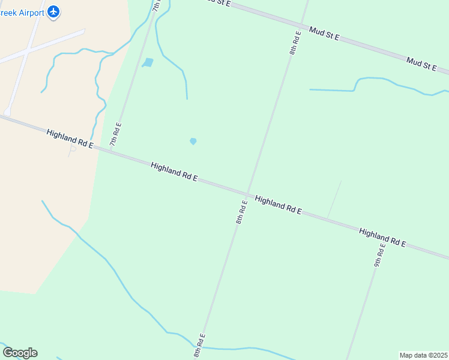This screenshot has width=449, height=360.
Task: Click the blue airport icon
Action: (54, 11)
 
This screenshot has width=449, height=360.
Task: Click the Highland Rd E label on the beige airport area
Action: (70, 138)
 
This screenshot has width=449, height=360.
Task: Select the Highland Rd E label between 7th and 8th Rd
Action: (174, 172)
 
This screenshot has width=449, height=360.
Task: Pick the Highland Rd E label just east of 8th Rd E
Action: (278, 205)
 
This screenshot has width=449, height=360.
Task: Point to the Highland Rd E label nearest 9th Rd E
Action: (382, 237)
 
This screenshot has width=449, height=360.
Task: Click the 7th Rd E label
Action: (115, 134)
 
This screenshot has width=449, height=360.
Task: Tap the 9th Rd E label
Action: (379, 255)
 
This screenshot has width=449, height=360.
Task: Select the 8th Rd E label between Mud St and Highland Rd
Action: (294, 42)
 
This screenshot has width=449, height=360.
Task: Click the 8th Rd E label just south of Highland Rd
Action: (241, 212)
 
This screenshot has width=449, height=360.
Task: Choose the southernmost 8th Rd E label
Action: (199, 345)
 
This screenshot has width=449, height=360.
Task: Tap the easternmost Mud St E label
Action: (421, 64)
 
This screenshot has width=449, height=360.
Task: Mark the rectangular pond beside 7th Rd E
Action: (148, 62)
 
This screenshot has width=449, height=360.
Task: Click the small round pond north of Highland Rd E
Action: (193, 141)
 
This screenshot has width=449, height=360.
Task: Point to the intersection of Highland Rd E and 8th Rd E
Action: (247, 194)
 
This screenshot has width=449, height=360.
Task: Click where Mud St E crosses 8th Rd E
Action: (305, 24)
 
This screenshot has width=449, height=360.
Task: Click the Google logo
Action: (20, 353)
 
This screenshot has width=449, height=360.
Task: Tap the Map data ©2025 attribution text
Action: (424, 355)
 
